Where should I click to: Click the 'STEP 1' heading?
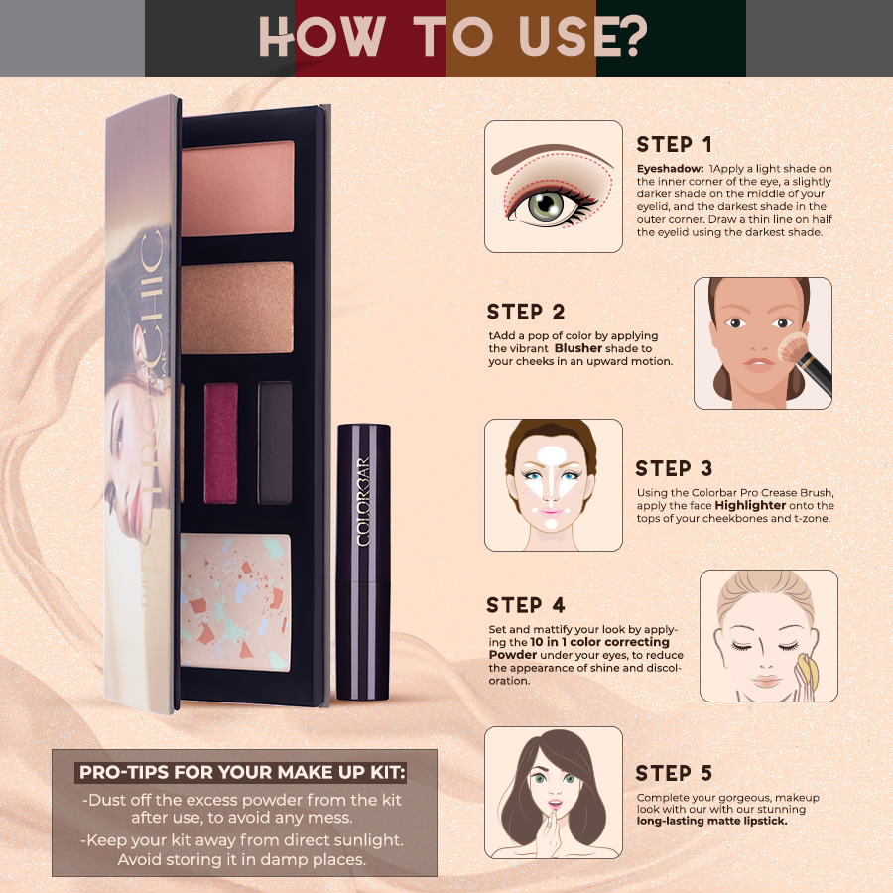[x=675, y=145]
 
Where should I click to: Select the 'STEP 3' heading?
[x=674, y=468]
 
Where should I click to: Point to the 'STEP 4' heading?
[x=526, y=605]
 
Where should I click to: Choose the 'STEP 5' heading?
[x=674, y=773]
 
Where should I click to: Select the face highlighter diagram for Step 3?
[x=553, y=484]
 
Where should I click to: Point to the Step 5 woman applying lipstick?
[x=553, y=792]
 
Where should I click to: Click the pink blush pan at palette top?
[x=237, y=175]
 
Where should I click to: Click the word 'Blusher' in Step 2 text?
[x=577, y=349]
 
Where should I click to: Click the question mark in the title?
[x=629, y=36]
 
